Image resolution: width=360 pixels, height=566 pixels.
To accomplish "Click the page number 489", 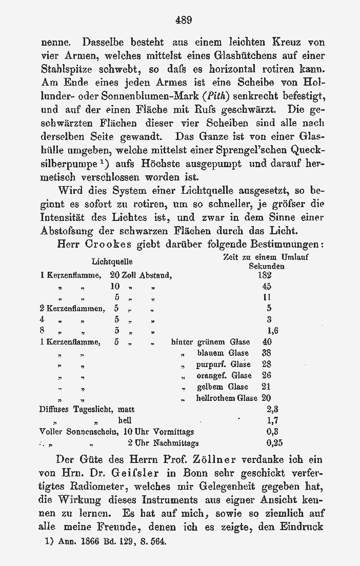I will [x=183, y=21].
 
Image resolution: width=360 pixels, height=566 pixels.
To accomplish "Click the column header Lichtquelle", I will [x=112, y=262].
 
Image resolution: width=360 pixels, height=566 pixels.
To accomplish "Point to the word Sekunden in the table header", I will [x=267, y=267].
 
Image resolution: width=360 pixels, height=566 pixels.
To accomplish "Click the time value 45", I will [x=267, y=287].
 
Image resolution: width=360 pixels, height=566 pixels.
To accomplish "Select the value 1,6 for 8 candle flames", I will [x=272, y=331].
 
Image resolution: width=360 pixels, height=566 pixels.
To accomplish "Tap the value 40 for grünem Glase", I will [x=267, y=342].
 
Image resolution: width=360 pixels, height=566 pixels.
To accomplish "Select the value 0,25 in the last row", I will [x=274, y=443].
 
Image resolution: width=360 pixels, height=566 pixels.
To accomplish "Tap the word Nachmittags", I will [x=176, y=443].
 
